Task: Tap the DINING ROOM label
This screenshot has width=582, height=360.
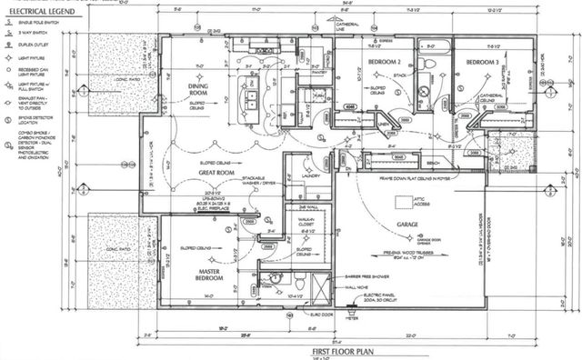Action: [200, 88]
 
